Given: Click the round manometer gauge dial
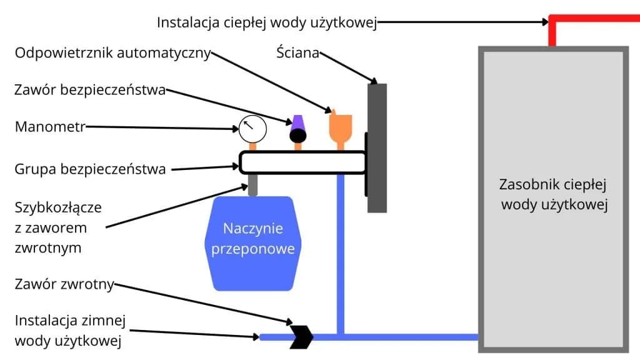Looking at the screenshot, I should (252, 129).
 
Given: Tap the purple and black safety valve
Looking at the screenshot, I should (297, 130).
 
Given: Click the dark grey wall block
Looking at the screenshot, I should (377, 147).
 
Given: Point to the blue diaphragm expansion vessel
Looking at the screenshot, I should (253, 243).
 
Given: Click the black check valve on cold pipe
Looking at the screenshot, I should (301, 337).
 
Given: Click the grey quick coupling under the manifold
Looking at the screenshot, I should (252, 185).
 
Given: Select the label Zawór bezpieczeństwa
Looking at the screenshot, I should (90, 90).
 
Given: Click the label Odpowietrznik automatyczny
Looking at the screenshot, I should (112, 53).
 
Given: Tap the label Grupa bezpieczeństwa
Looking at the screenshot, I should (90, 169).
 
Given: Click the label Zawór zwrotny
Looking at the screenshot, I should (64, 285).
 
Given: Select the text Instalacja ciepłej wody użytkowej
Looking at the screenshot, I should (267, 23).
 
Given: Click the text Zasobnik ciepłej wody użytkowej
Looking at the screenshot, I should (554, 195).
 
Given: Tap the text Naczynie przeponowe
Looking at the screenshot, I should (253, 239).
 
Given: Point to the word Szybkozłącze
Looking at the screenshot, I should (58, 207).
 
